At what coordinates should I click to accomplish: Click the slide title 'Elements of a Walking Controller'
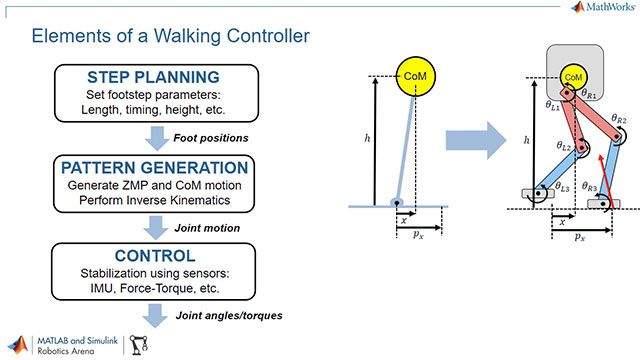pyautogui.click(x=170, y=36)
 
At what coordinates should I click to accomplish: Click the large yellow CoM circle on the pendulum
pyautogui.click(x=413, y=76)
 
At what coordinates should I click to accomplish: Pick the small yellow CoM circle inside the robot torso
pyautogui.click(x=574, y=76)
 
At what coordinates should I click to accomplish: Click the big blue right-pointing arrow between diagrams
pyautogui.click(x=478, y=137)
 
